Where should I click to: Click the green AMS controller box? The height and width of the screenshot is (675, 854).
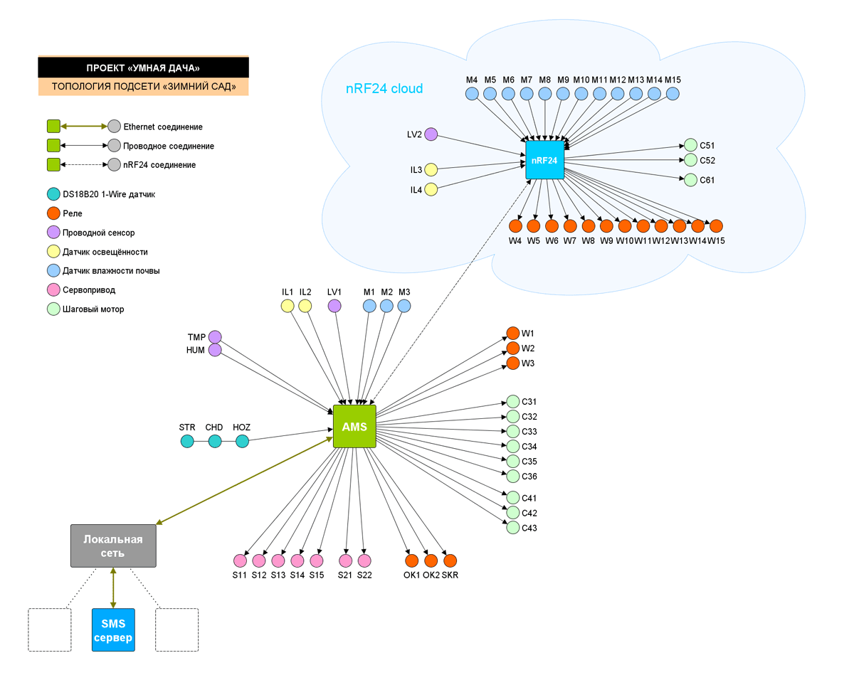pyautogui.click(x=354, y=427)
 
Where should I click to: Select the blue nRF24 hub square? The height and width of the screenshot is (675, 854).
pyautogui.click(x=544, y=160)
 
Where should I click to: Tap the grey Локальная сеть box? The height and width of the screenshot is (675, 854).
pyautogui.click(x=113, y=546)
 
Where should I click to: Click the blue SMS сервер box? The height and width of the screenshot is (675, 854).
pyautogui.click(x=113, y=630)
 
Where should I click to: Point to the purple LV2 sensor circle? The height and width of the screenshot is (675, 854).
pyautogui.click(x=431, y=134)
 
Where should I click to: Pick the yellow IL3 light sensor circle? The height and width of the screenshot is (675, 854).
pyautogui.click(x=431, y=170)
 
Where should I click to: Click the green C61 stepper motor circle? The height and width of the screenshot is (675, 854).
pyautogui.click(x=690, y=180)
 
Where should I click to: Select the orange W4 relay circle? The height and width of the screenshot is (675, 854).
pyautogui.click(x=516, y=226)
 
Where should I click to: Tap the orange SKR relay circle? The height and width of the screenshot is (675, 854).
pyautogui.click(x=450, y=560)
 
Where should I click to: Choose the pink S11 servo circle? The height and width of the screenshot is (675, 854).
pyautogui.click(x=240, y=560)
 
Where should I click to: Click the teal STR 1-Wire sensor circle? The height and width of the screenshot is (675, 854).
pyautogui.click(x=187, y=442)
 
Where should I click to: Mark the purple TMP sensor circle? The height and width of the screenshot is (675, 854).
pyautogui.click(x=215, y=336)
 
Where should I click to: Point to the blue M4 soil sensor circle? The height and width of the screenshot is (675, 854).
pyautogui.click(x=472, y=93)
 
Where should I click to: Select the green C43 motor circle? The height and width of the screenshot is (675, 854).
pyautogui.click(x=512, y=528)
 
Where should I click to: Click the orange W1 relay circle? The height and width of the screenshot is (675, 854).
pyautogui.click(x=512, y=333)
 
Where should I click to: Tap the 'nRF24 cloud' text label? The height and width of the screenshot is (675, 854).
pyautogui.click(x=384, y=89)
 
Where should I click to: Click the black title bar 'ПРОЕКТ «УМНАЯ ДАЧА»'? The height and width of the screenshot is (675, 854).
pyautogui.click(x=143, y=68)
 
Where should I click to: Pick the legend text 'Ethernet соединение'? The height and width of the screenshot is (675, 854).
pyautogui.click(x=163, y=127)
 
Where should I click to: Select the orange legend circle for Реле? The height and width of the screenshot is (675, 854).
pyautogui.click(x=53, y=213)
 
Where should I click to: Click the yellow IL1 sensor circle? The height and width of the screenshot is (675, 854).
pyautogui.click(x=288, y=306)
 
